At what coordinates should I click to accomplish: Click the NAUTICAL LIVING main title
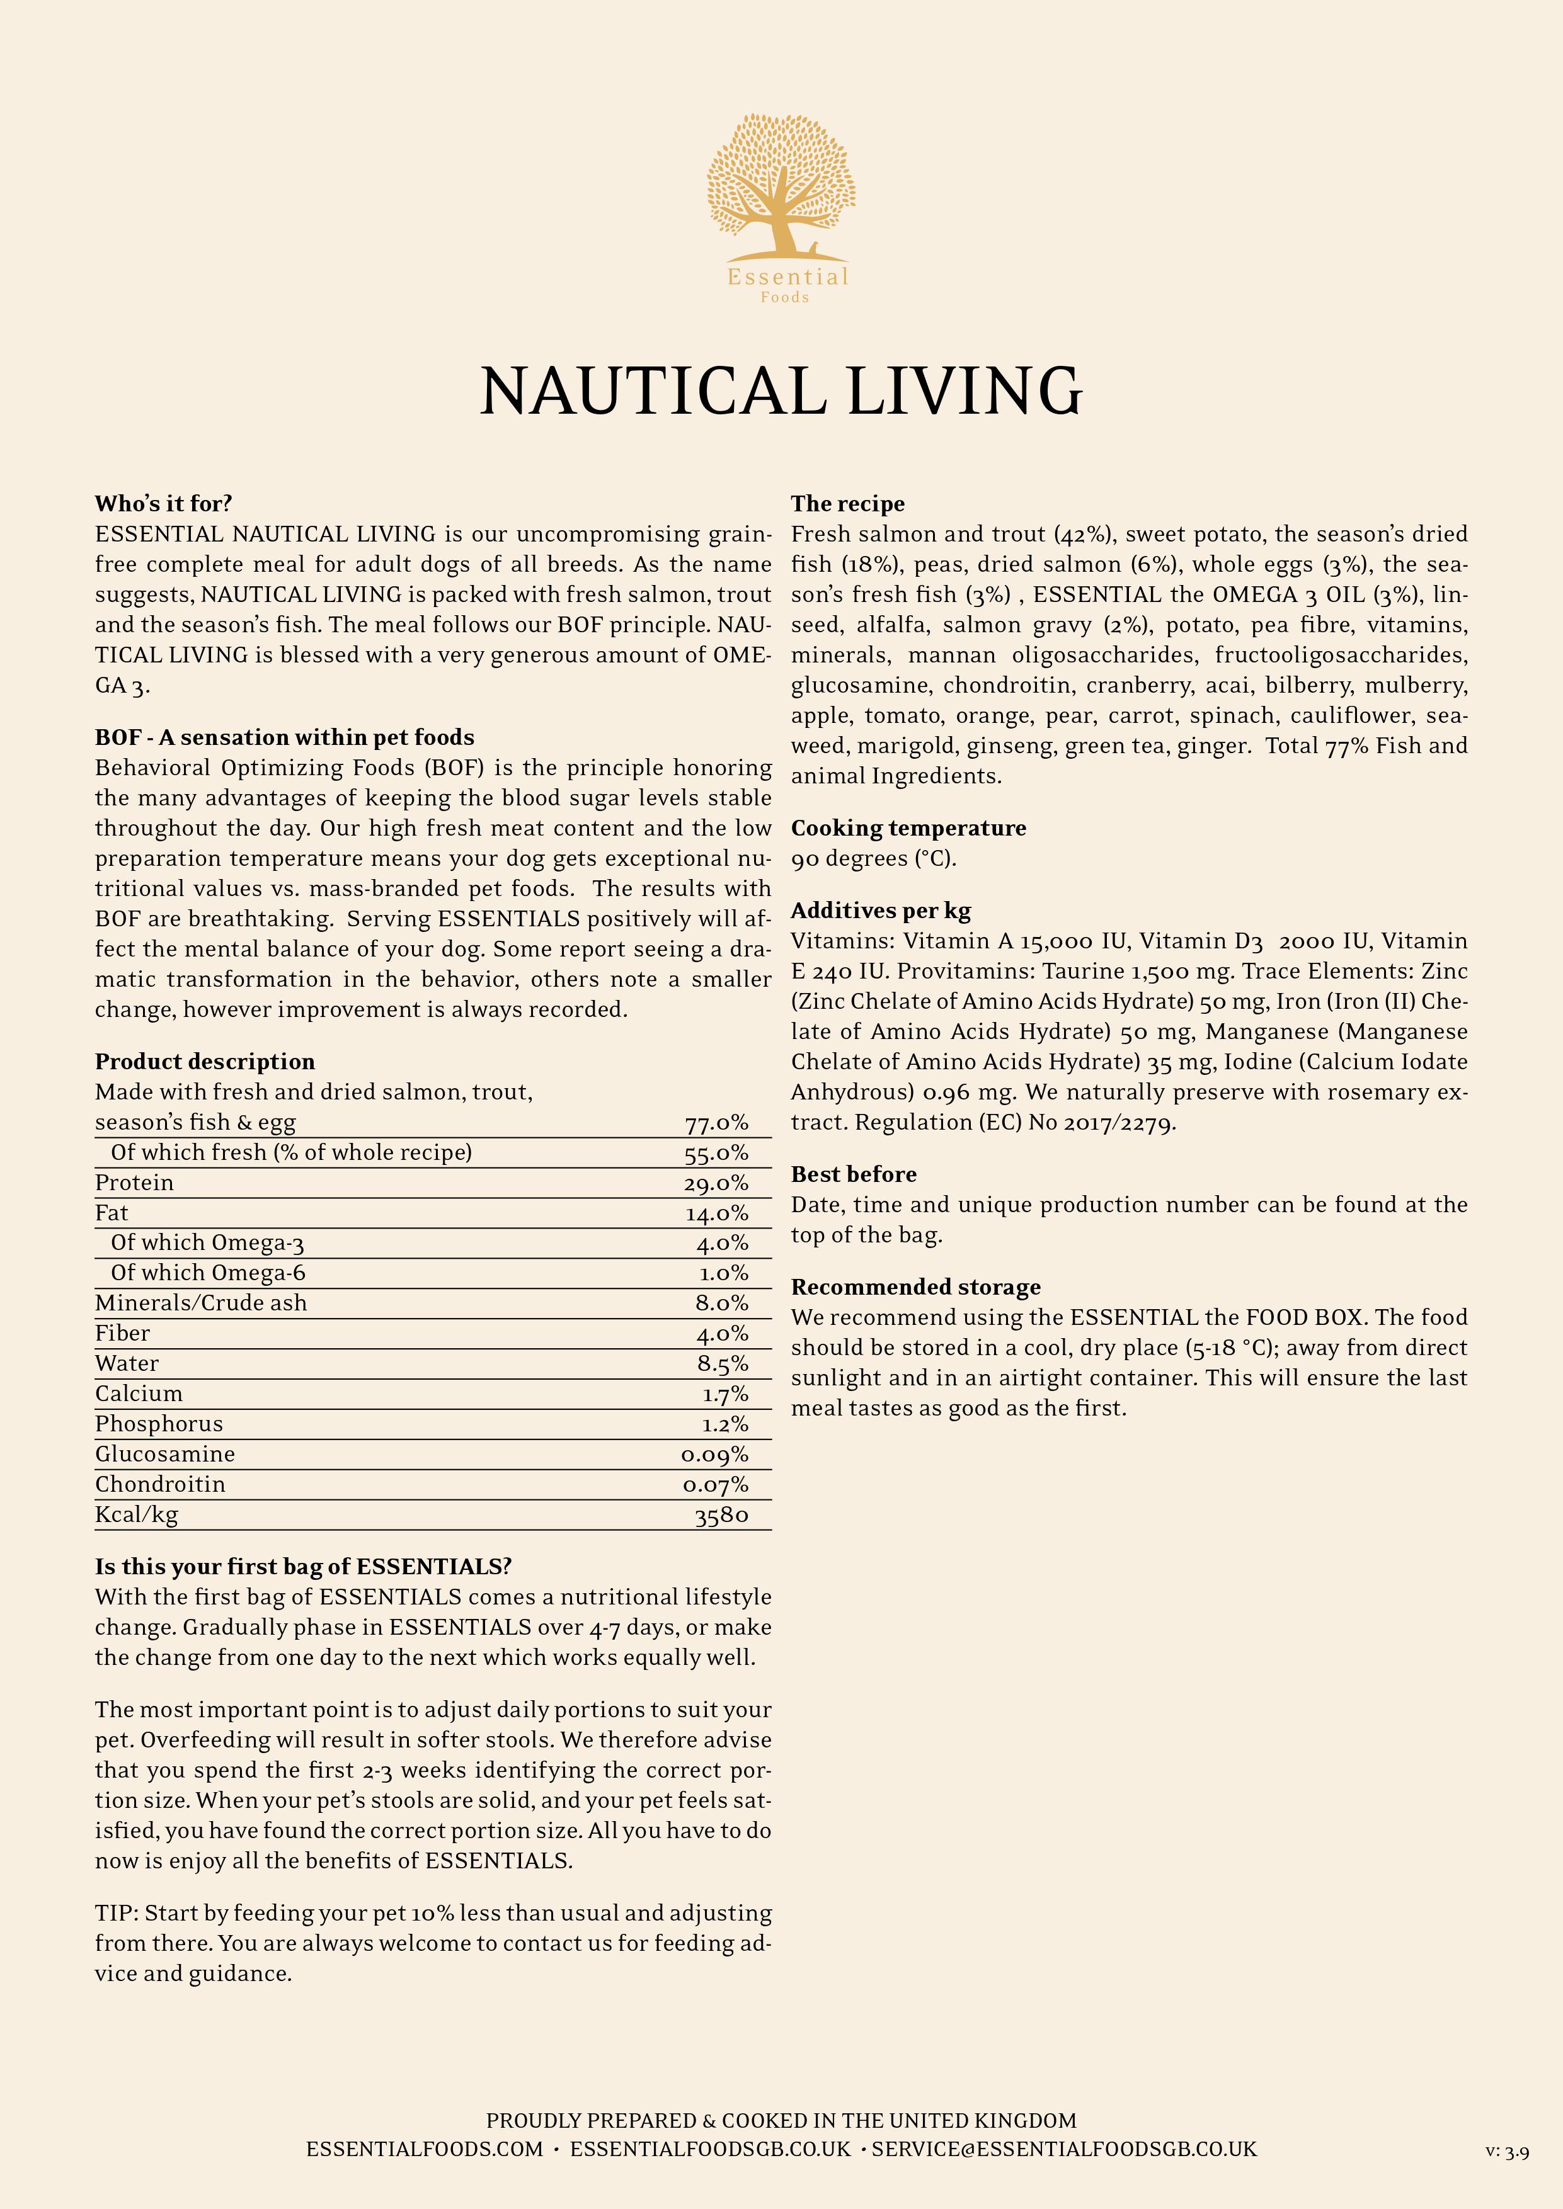[781, 392]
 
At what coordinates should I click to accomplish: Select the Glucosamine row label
[164, 1454]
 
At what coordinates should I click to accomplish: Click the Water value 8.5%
[723, 1365]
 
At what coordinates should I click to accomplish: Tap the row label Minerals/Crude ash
[201, 1303]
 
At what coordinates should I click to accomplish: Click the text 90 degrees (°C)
[874, 858]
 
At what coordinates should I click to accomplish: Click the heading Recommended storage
[915, 1286]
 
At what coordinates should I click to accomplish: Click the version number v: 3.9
[1507, 2151]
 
